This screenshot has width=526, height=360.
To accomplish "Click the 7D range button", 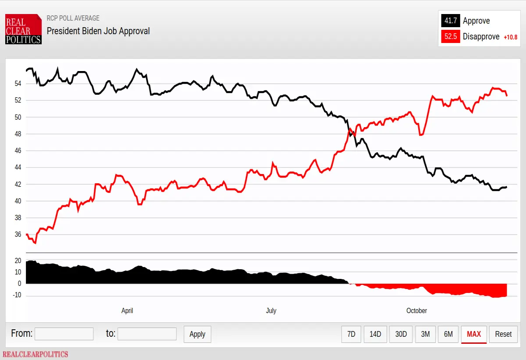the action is (351, 334).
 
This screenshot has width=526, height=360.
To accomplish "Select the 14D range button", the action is (375, 334).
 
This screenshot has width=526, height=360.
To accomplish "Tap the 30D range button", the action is (401, 334).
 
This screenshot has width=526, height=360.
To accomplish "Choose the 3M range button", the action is (425, 334).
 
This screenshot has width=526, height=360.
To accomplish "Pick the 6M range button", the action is (448, 334).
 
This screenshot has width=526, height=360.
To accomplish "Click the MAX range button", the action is (474, 335).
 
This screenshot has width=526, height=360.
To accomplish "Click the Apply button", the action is (197, 334).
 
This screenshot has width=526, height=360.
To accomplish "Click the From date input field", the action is (64, 334).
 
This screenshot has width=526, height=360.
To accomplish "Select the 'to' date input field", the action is (147, 334).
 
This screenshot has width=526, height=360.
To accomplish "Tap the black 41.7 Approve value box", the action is (451, 21).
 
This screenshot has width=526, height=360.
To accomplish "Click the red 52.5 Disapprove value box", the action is (451, 37).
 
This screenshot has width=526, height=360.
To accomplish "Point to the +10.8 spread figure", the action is (511, 37).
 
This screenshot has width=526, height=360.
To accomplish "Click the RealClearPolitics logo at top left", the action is (24, 29).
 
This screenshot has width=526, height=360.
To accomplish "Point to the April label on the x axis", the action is (127, 311).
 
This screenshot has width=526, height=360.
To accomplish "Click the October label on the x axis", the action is (416, 311).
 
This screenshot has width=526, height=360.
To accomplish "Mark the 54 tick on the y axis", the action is (18, 84).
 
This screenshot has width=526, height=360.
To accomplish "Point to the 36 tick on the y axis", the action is (18, 234).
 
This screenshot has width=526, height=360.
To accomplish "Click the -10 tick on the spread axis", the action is (17, 295).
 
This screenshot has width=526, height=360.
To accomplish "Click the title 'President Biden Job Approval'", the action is (98, 31).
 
